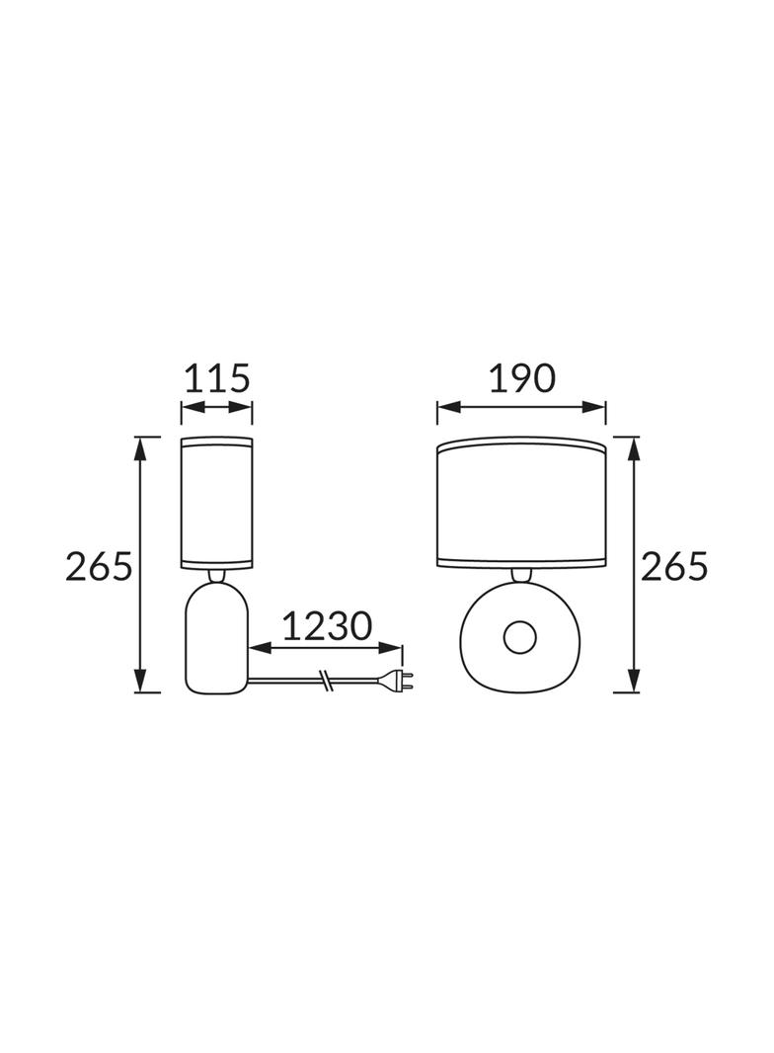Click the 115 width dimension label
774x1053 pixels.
[217, 378]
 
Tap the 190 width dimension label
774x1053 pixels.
[521, 378]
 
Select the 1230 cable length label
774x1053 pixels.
[326, 626]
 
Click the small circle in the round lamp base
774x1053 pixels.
[520, 636]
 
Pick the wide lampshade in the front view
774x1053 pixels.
[521, 505]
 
